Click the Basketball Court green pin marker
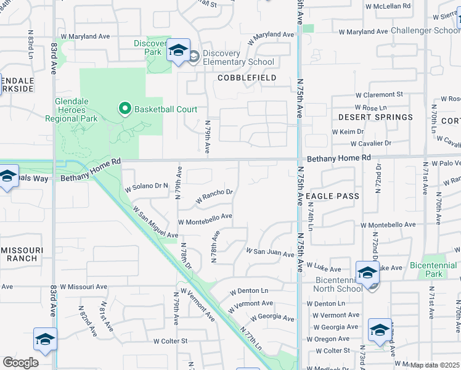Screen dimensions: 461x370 (x=124, y=109)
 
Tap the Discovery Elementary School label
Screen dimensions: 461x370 (x=238, y=57)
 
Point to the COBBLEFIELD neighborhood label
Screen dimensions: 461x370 (x=247, y=78)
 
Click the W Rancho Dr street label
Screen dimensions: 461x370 (x=214, y=196)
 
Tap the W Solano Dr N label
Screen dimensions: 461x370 (x=146, y=186)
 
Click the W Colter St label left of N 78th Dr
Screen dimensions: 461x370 (x=170, y=341)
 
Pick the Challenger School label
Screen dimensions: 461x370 (x=425, y=30)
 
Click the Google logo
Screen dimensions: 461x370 (x=20, y=363)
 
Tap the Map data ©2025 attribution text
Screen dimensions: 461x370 (x=434, y=365)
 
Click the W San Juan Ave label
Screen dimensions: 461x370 (x=271, y=251)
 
